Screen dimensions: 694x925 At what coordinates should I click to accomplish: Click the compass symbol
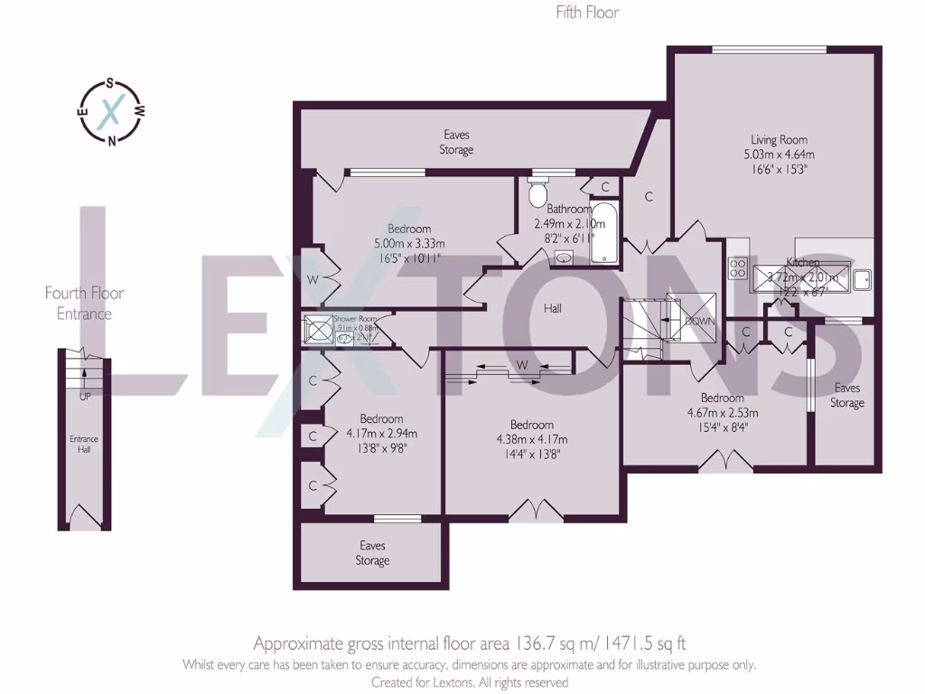[x=110, y=112]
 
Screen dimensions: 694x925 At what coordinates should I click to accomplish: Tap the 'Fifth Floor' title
[x=587, y=13]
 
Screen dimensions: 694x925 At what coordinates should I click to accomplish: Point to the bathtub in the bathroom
[x=604, y=234]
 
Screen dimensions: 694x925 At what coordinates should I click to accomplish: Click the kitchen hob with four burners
[x=737, y=267]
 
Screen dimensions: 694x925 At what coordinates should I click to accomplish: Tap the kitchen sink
[x=860, y=279]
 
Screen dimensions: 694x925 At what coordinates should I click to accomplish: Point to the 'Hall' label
[x=553, y=308]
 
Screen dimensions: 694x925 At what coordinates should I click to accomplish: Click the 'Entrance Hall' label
[x=83, y=445]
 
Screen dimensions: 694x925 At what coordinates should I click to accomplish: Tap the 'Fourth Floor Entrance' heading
[x=84, y=303]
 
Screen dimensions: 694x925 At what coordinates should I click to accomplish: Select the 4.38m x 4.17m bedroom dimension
[x=531, y=440]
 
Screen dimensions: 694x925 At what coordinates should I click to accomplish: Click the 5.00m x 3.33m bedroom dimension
[x=409, y=243]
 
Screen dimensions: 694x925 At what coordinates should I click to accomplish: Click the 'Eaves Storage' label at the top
[x=456, y=143]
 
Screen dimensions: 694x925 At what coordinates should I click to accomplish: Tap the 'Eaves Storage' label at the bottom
[x=372, y=553]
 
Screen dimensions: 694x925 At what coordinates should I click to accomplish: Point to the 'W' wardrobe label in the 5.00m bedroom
[x=313, y=279]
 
